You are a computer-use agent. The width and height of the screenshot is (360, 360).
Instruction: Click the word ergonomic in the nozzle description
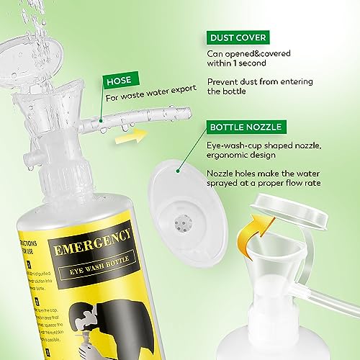point(235,161)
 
